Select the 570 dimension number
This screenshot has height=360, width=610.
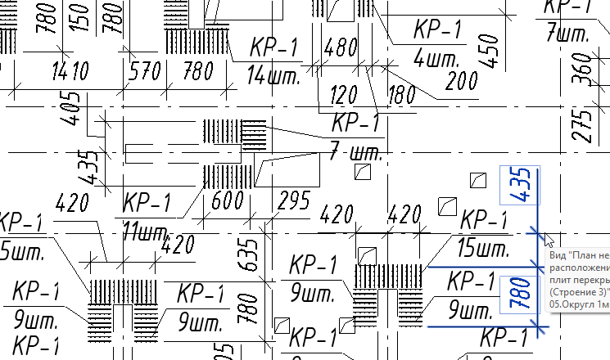(x=144, y=72)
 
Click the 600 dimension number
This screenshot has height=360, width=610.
(x=227, y=200)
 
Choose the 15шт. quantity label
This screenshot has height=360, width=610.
(x=482, y=248)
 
